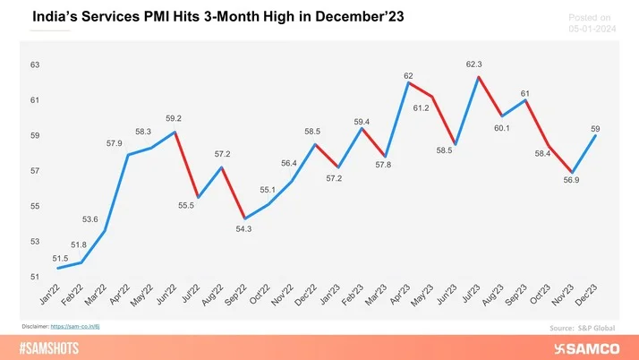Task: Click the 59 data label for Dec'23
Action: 596,130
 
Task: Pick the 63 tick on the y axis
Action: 35,65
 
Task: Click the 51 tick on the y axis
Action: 35,277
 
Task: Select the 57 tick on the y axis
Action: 35,171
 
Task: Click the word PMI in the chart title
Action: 150,16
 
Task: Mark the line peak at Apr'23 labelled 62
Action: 408,82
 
